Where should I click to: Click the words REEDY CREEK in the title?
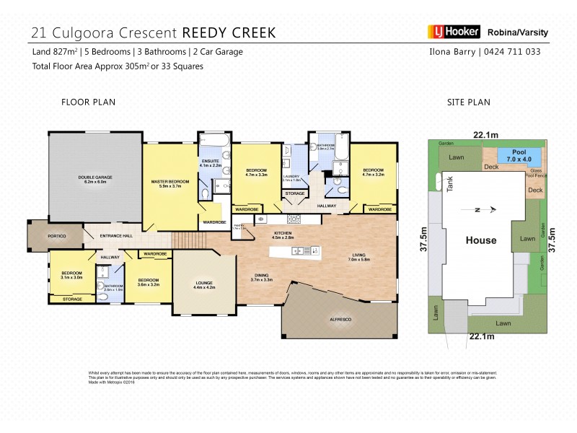[x=228, y=32]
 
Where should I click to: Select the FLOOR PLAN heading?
[x=88, y=102]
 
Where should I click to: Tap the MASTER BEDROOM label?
[x=169, y=183]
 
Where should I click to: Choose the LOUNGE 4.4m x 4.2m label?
[x=204, y=284]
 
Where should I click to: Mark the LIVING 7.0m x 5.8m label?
[x=358, y=257]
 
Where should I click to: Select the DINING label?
[x=263, y=276]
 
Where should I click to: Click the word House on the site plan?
[x=480, y=240]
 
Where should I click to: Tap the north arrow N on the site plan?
[x=476, y=210]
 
